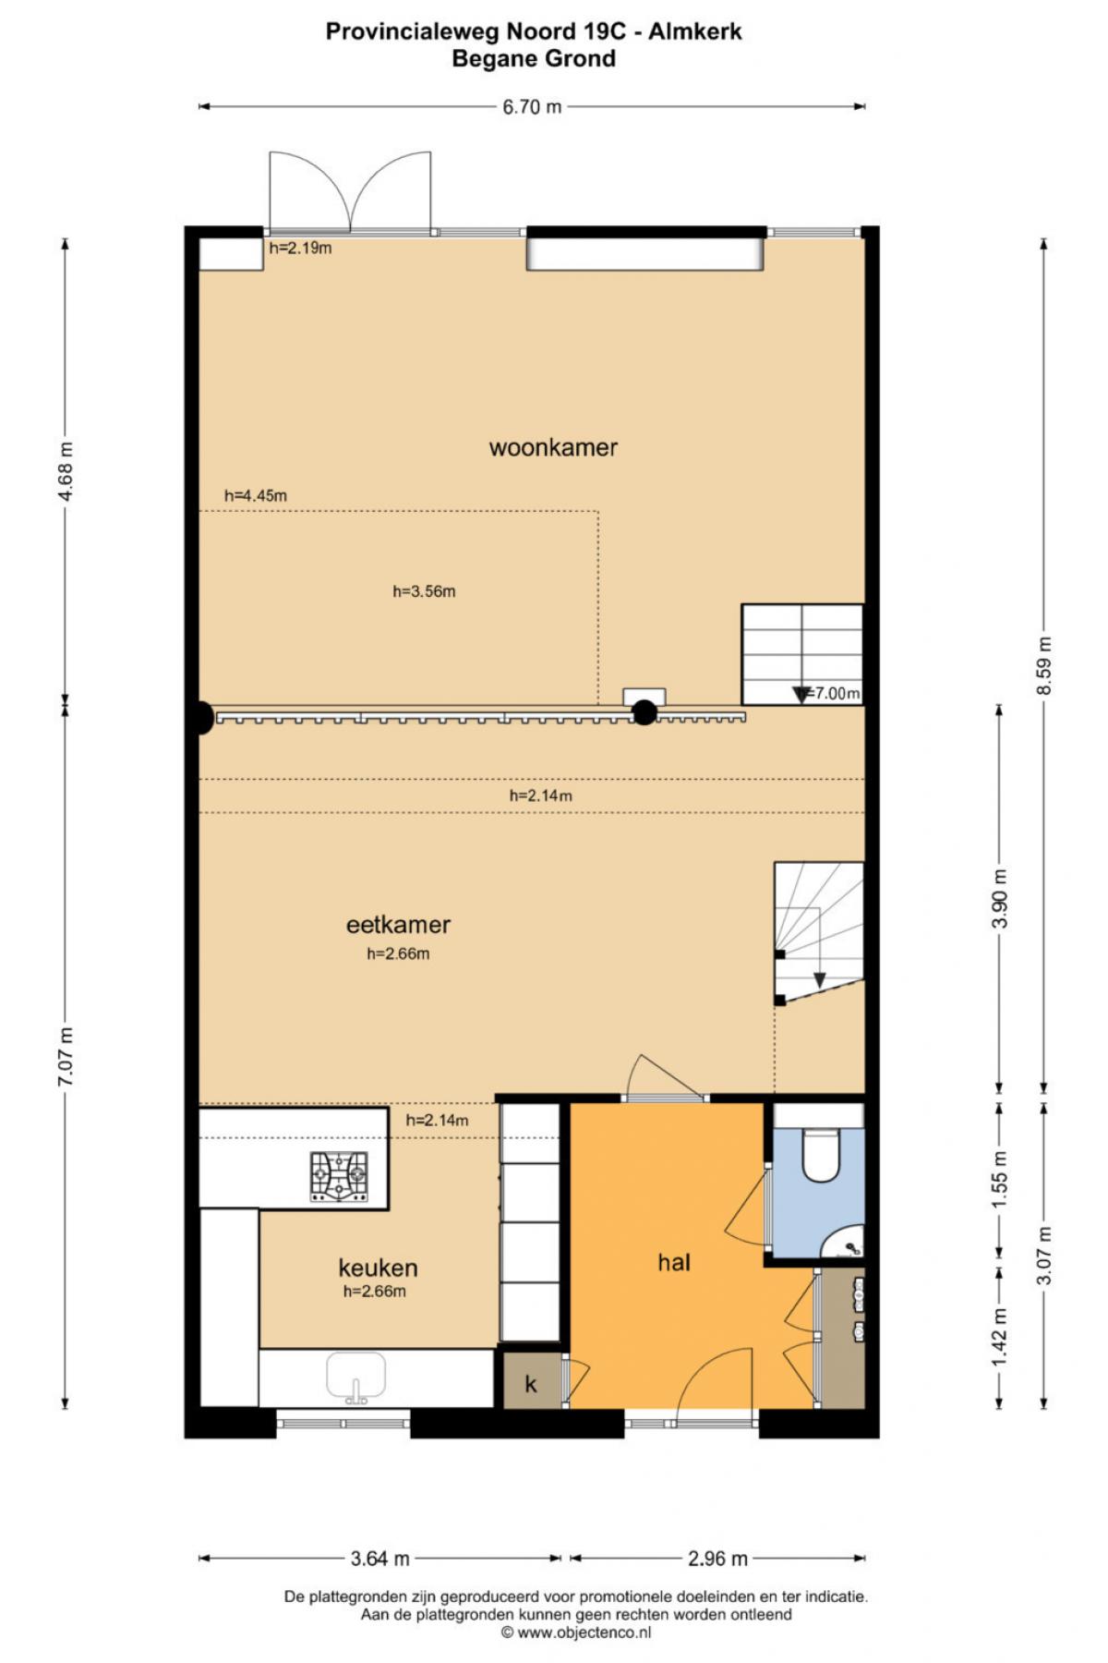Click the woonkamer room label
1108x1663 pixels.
(553, 448)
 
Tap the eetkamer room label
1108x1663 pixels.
(398, 925)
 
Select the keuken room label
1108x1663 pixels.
(378, 1268)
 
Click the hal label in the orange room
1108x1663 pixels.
(674, 1262)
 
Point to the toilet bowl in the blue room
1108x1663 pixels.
(821, 1155)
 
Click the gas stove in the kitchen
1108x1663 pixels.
(339, 1177)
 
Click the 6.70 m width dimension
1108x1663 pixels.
(532, 107)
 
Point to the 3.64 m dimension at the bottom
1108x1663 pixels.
(379, 1560)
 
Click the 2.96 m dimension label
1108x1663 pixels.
(717, 1560)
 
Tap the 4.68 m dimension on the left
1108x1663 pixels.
(65, 470)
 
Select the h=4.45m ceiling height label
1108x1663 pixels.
(256, 496)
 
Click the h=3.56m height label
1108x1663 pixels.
(424, 592)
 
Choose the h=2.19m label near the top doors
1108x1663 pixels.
(300, 248)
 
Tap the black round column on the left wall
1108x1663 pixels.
(201, 718)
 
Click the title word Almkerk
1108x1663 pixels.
(695, 32)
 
